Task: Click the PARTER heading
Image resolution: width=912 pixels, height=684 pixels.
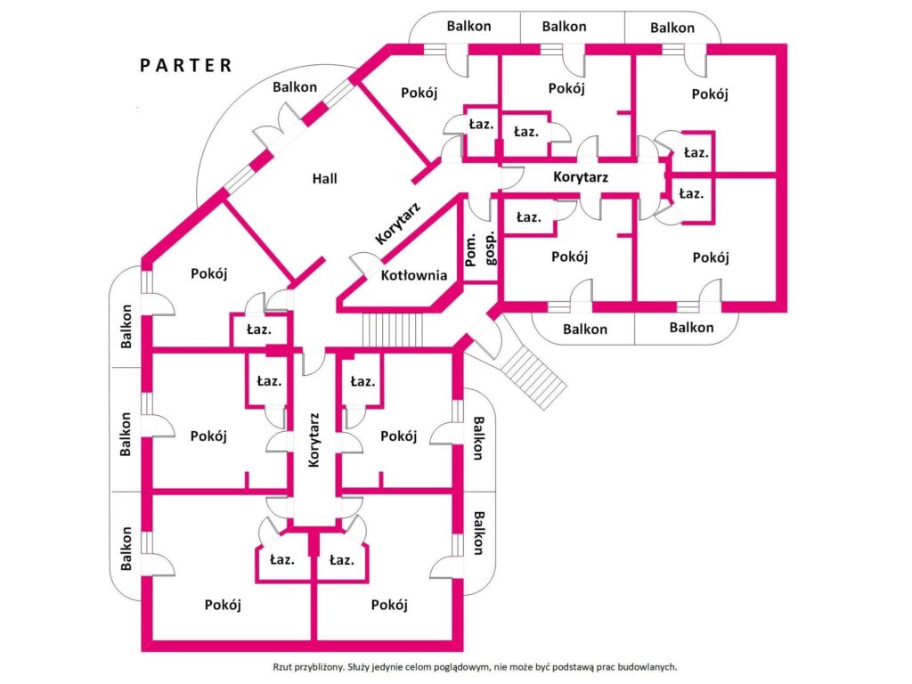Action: pos(186,65)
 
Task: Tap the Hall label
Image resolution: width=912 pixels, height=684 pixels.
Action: pos(324,178)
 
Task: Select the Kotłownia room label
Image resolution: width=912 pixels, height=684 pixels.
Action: pos(414,275)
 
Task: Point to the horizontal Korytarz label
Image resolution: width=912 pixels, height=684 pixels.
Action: pos(581,177)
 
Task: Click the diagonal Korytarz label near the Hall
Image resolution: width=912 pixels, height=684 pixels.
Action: pos(398,223)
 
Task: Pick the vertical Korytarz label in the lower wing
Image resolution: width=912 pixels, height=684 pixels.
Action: pos(314,440)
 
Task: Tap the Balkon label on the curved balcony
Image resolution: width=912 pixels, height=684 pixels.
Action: pos(295,87)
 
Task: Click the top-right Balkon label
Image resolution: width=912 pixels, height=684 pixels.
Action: pos(672,28)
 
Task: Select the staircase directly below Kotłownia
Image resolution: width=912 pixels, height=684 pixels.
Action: pos(393,330)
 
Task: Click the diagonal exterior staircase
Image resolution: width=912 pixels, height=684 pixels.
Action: pos(533,378)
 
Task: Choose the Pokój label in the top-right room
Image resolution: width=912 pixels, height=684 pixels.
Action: pos(710,94)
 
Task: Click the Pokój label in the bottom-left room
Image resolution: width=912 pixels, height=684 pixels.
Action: pos(223,605)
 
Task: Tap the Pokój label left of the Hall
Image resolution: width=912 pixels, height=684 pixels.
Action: pos(208,273)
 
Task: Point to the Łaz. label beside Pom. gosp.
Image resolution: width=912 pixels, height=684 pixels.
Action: pos(529,217)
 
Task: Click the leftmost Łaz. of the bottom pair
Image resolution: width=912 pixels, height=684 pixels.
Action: pos(282,560)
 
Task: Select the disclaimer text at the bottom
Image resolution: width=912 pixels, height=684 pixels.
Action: pos(475,667)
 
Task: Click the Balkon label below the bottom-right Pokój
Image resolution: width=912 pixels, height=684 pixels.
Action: pos(691,328)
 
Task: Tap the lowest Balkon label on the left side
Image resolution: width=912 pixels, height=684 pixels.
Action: pos(126,549)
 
